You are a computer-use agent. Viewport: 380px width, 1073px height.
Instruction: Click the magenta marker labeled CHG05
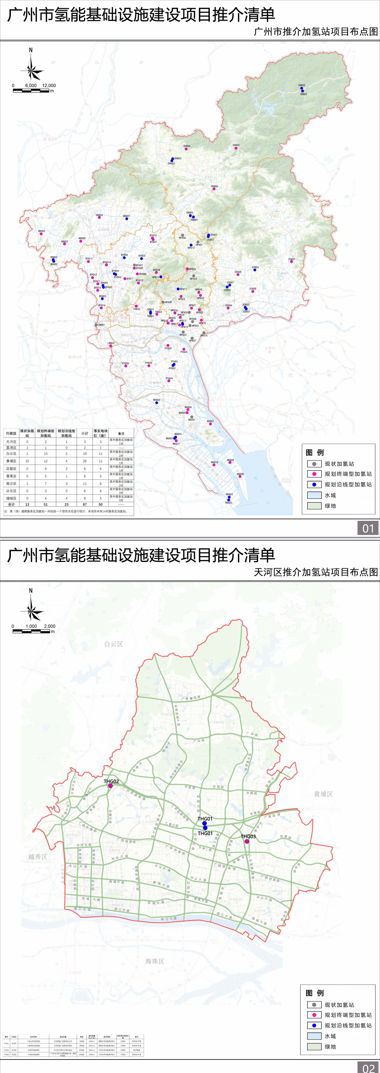coord(236,148)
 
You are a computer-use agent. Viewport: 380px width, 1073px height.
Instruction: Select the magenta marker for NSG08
coord(240,477)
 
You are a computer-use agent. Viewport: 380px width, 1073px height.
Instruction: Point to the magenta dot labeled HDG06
coord(41,234)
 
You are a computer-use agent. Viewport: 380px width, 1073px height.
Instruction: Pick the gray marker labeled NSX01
coord(192,417)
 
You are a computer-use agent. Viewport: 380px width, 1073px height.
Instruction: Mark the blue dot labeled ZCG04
coord(255,270)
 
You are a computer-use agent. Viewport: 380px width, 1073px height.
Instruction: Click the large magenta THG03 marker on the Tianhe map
coord(247,842)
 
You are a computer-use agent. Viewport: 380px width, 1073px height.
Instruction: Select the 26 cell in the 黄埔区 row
coord(85,461)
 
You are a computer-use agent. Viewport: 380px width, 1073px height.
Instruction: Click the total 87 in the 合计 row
coord(85,504)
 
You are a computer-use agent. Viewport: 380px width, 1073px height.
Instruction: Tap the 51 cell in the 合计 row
coord(45,504)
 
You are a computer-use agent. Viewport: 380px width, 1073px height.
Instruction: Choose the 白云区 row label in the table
coord(11,453)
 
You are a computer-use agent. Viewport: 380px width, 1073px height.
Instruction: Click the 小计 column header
coord(85,433)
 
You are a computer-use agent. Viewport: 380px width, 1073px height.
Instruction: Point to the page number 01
coord(368,529)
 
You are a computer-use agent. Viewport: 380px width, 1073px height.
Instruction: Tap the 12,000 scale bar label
coord(49,85)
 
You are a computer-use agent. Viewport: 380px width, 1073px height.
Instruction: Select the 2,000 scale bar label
coord(49,626)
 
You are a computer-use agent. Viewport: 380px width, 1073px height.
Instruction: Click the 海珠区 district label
coord(155,961)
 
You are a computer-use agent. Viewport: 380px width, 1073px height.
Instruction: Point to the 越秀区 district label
coord(38,857)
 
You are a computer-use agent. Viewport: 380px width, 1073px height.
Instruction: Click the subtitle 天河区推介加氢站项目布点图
coord(315,572)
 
